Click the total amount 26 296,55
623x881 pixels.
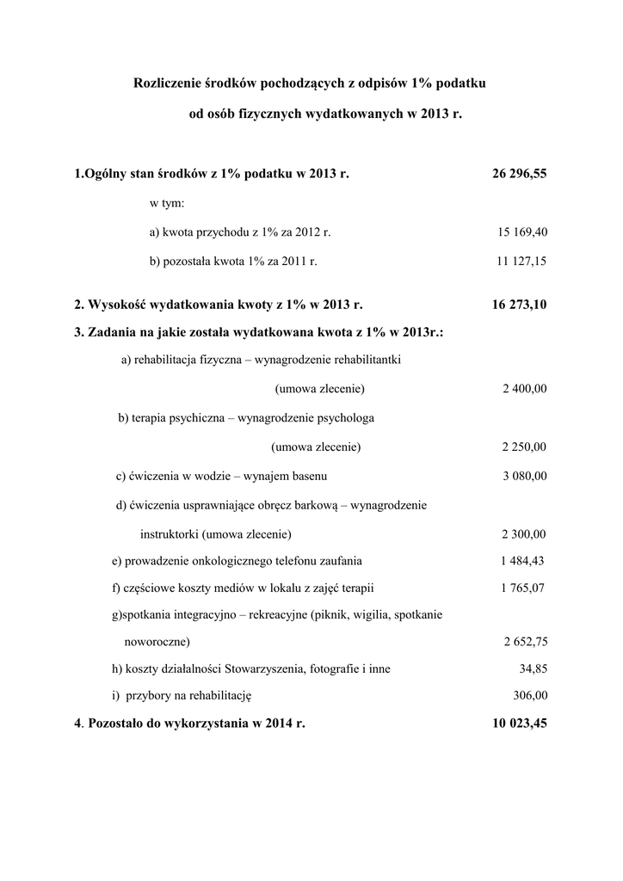[519, 174]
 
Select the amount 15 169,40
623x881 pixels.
[522, 232]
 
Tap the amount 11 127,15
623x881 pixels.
[521, 261]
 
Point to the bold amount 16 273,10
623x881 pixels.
[519, 305]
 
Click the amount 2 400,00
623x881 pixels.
[524, 389]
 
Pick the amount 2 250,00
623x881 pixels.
[524, 447]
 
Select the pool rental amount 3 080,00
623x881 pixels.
[524, 476]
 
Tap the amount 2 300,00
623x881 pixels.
[524, 533]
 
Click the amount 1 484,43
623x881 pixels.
[522, 561]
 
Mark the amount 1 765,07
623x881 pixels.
[522, 588]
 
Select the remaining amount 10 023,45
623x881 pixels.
[519, 724]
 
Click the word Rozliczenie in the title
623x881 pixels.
[166, 83]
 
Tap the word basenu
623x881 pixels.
[308, 476]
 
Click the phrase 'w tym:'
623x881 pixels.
[167, 204]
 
